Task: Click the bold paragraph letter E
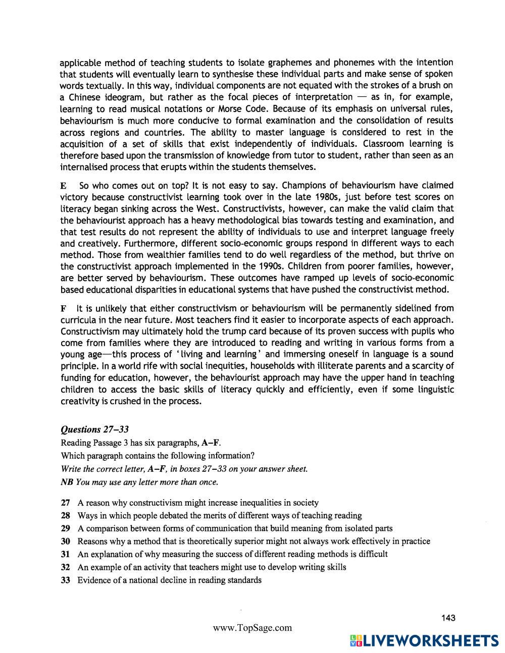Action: coord(63,186)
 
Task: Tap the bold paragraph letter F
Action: coord(63,308)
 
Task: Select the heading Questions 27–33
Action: coord(94,429)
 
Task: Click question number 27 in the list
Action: coord(65,503)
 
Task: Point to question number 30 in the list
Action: coord(65,541)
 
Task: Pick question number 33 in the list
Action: coord(65,580)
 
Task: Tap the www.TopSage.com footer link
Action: coord(252,628)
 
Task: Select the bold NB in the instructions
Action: coord(66,481)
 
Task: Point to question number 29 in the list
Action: coord(65,528)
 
